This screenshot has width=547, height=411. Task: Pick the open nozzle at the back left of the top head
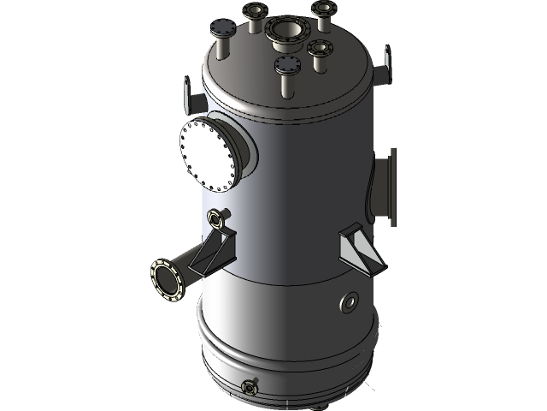point(255,12)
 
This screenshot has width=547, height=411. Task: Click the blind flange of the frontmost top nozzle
point(286,63)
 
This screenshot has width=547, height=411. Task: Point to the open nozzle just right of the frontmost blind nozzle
point(320,47)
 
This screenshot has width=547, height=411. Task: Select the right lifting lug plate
point(386,64)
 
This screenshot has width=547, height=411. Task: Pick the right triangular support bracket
point(356,247)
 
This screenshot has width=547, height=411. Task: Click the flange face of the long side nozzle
point(167,279)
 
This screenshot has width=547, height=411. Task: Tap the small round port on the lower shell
point(350,301)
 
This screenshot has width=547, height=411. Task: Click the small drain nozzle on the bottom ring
point(250,388)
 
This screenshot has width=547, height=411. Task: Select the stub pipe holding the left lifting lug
point(197,102)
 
